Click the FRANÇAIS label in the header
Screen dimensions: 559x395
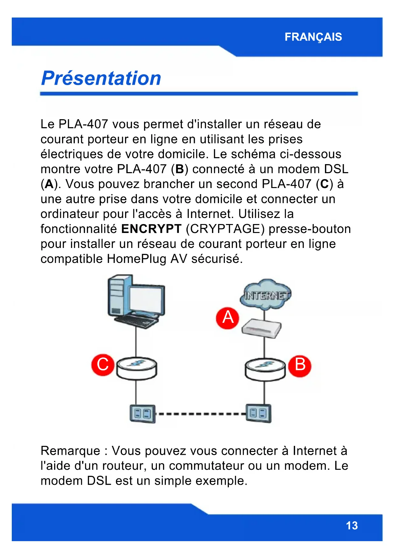point(313,37)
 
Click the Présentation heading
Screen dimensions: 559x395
point(101,78)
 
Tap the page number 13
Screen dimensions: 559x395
point(352,526)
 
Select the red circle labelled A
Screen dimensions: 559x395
point(228,318)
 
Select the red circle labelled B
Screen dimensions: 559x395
point(300,365)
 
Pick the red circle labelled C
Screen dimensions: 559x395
point(102,365)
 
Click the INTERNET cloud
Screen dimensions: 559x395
point(266,295)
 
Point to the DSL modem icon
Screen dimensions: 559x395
point(262,328)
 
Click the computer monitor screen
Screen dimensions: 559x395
point(147,300)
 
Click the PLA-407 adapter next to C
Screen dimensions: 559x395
point(137,369)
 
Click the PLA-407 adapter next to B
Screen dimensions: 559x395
point(265,369)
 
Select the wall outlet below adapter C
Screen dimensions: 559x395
point(142,414)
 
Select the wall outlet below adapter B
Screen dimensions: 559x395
point(258,413)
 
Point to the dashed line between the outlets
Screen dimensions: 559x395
point(201,414)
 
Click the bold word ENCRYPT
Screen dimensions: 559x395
point(151,229)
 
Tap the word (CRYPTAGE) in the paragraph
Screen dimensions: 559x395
point(225,229)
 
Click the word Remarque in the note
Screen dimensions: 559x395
point(70,451)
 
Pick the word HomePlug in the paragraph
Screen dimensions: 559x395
point(137,259)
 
